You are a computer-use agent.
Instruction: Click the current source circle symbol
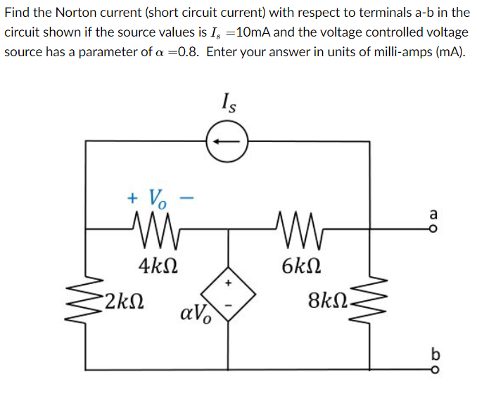[227, 141]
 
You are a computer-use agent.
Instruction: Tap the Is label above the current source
[228, 105]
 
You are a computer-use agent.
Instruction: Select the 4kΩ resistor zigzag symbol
[155, 227]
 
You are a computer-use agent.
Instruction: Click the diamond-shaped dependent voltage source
[227, 290]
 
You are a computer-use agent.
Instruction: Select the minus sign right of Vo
[186, 198]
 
